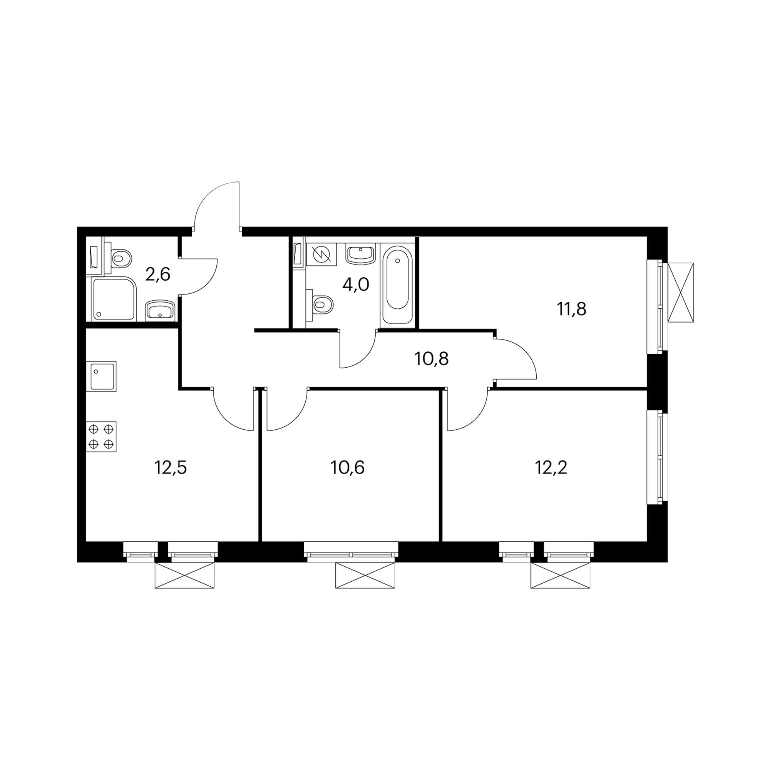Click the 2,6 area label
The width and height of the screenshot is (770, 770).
pyautogui.click(x=157, y=275)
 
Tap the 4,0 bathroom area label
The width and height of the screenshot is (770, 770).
pyautogui.click(x=356, y=285)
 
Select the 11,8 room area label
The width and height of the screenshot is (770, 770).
pyautogui.click(x=571, y=309)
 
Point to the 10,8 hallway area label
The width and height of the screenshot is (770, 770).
pyautogui.click(x=432, y=359)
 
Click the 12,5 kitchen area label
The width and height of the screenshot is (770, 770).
pyautogui.click(x=170, y=467)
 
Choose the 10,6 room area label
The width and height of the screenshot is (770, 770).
pyautogui.click(x=348, y=467)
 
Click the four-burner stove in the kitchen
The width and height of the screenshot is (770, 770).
pyautogui.click(x=101, y=437)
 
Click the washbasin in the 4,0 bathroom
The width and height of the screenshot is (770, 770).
pyautogui.click(x=360, y=254)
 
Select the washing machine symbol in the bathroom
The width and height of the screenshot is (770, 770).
pyautogui.click(x=321, y=253)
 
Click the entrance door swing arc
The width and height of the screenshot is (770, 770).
pyautogui.click(x=207, y=195)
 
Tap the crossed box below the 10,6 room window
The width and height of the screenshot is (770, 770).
pyautogui.click(x=365, y=575)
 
